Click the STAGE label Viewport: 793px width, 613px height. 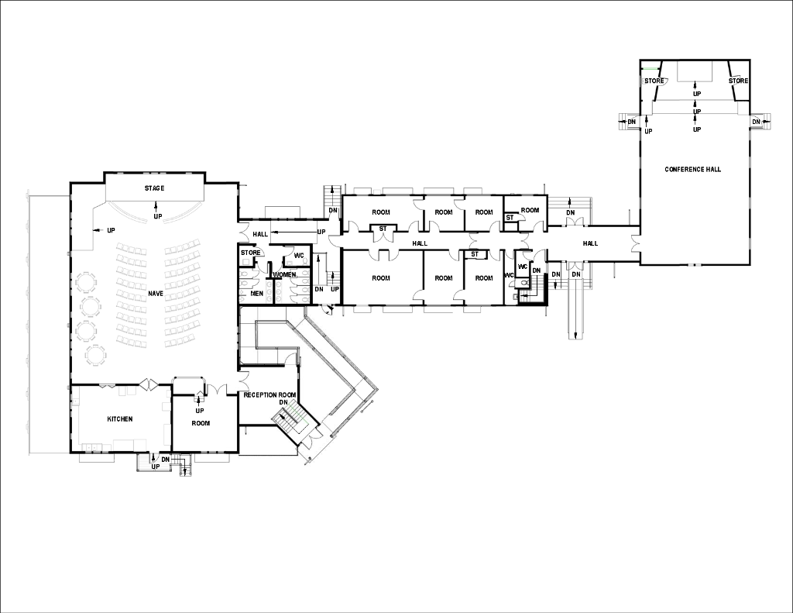pyautogui.click(x=154, y=188)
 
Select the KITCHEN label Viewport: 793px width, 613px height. pyautogui.click(x=120, y=419)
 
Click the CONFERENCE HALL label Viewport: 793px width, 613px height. pyautogui.click(x=692, y=169)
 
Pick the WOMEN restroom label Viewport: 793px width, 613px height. pyautogui.click(x=284, y=274)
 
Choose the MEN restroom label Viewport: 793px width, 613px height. pyautogui.click(x=257, y=293)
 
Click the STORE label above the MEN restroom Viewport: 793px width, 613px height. pyautogui.click(x=251, y=253)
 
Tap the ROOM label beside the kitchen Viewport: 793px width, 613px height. pyautogui.click(x=201, y=423)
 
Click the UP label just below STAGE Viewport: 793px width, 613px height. pyautogui.click(x=158, y=215)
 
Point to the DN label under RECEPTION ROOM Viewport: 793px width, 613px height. pyautogui.click(x=283, y=403)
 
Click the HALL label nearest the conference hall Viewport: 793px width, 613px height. pyautogui.click(x=590, y=243)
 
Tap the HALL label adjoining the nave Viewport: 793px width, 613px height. pyautogui.click(x=259, y=233)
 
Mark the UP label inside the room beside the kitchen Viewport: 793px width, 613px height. pyautogui.click(x=200, y=411)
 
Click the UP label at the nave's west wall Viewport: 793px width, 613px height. pyautogui.click(x=111, y=231)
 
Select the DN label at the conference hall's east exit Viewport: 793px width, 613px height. pyautogui.click(x=756, y=122)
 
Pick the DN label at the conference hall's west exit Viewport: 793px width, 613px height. pyautogui.click(x=632, y=122)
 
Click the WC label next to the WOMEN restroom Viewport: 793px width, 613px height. pyautogui.click(x=299, y=255)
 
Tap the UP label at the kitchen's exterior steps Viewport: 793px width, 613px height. pyautogui.click(x=155, y=467)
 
